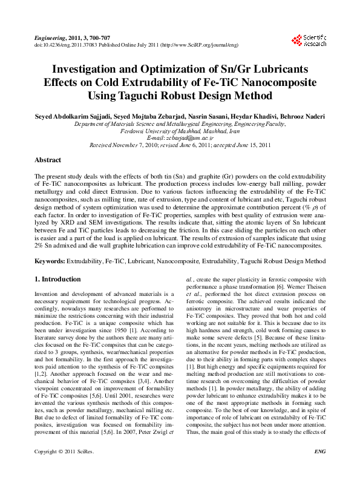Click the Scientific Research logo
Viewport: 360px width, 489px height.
(309, 41)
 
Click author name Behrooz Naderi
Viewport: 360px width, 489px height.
(298, 116)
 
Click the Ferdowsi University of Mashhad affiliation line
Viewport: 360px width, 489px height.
(180, 131)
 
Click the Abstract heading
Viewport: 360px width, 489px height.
(47, 160)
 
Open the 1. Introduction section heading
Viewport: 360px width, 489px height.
(57, 279)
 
